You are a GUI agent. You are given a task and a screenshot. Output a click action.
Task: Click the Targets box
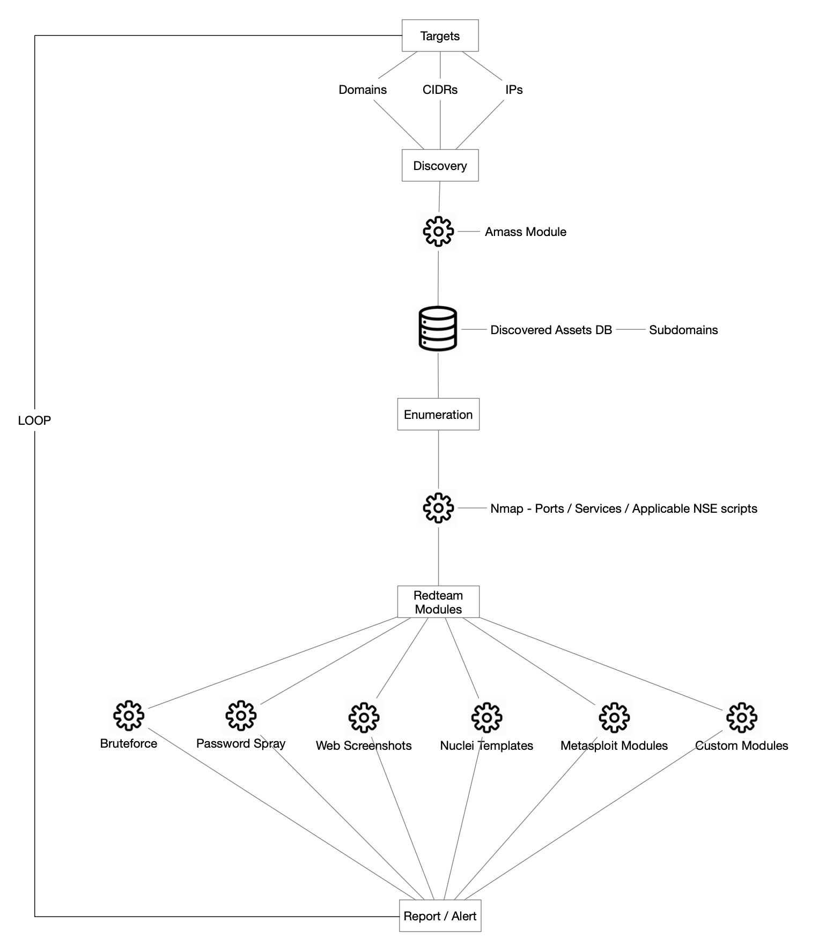[x=440, y=36]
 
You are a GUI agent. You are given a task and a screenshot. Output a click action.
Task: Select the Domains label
[x=363, y=90]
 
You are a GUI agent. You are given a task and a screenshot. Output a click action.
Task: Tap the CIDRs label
[x=440, y=90]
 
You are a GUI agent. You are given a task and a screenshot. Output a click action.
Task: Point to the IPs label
[x=513, y=90]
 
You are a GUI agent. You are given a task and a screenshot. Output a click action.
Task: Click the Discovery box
[x=440, y=166]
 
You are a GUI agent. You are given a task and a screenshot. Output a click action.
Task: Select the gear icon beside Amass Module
[x=438, y=232]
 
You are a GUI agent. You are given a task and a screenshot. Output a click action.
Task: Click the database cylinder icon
[x=438, y=328]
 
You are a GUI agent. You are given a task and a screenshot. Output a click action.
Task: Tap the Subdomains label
[x=683, y=330]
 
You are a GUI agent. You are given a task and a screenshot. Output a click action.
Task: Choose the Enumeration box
[x=438, y=415]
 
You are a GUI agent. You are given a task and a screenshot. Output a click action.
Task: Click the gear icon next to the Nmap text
[x=438, y=507]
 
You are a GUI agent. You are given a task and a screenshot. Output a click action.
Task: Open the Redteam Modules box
[x=438, y=602]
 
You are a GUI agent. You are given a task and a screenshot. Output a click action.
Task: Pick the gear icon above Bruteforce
[x=129, y=715]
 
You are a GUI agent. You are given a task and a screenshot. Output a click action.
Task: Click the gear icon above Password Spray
[x=241, y=715]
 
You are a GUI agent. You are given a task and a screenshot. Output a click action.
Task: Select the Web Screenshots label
[x=364, y=745]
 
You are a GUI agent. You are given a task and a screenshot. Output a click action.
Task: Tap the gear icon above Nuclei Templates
[x=486, y=717]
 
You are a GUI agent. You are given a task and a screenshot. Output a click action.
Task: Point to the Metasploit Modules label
[x=614, y=745]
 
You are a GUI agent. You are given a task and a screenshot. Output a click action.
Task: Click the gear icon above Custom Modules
[x=741, y=717]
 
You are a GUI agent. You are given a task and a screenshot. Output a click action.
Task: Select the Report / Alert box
[x=440, y=916]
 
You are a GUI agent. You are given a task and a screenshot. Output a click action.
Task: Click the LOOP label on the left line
[x=34, y=420]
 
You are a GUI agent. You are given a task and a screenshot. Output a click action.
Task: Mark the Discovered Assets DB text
[x=551, y=330]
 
